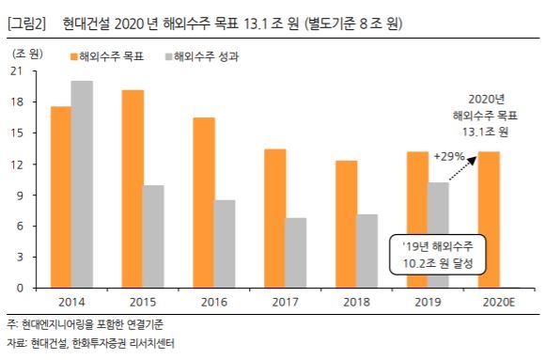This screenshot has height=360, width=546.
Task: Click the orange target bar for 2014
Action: [x=60, y=197]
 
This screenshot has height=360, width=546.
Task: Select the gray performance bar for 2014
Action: [x=82, y=184]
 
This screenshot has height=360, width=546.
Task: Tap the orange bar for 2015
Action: [x=132, y=189]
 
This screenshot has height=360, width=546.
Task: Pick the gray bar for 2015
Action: [x=153, y=236]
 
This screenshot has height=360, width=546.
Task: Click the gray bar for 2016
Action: [x=226, y=243]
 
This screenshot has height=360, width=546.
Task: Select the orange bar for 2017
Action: [x=275, y=218]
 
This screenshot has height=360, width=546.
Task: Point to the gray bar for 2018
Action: [x=368, y=251]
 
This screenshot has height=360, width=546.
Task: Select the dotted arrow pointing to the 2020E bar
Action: [x=462, y=169]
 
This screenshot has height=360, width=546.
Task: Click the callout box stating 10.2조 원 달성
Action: [x=435, y=254]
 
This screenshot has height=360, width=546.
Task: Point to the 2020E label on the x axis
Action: [x=499, y=302]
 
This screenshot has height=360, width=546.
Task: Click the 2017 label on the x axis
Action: [x=286, y=302]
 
